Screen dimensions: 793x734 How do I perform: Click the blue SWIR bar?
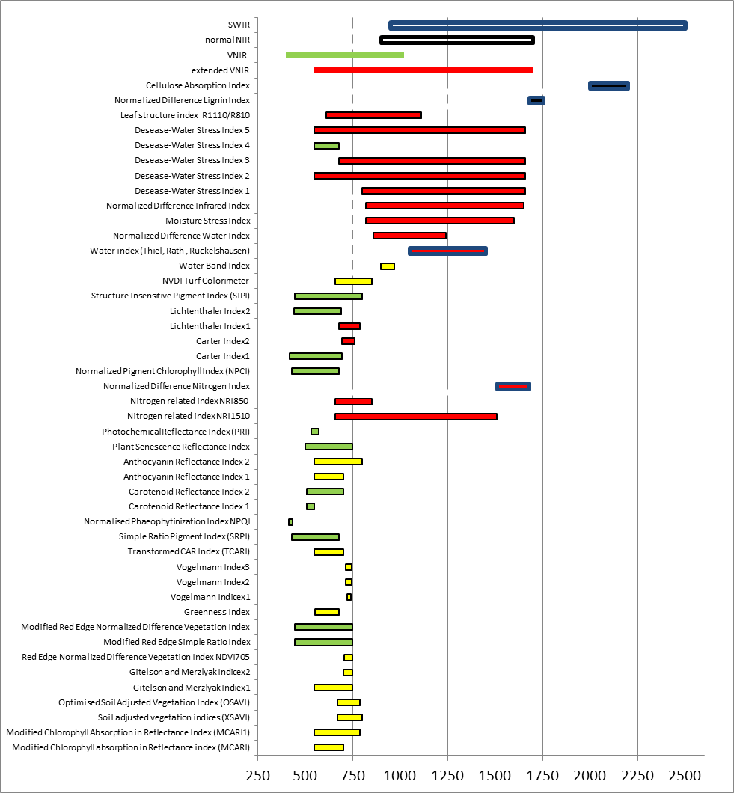(x=537, y=25)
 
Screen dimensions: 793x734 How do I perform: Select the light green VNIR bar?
(x=345, y=55)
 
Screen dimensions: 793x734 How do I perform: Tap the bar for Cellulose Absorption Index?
(x=609, y=85)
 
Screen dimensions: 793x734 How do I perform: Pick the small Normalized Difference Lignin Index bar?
(x=536, y=100)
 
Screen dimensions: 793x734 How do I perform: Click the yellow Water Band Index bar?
(x=388, y=266)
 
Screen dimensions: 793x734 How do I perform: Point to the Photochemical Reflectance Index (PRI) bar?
(x=315, y=432)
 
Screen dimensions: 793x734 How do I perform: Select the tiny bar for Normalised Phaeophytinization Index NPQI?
(x=291, y=521)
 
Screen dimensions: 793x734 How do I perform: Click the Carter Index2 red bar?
(x=348, y=341)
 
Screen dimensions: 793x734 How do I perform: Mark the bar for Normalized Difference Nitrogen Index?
(x=513, y=386)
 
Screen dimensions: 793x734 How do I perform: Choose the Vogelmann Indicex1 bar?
(x=349, y=597)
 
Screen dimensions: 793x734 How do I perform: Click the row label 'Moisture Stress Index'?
(x=207, y=221)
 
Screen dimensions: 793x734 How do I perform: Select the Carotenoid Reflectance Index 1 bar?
(x=311, y=506)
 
